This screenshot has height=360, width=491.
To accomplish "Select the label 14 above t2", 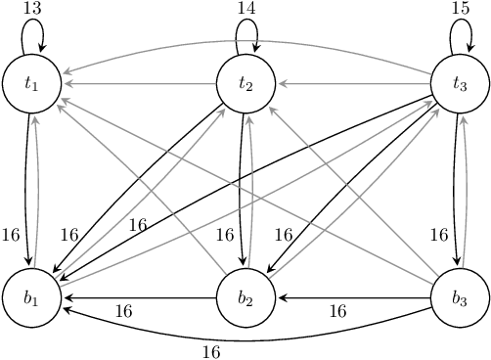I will pyautogui.click(x=246, y=8).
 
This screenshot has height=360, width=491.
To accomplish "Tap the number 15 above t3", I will pyautogui.click(x=460, y=8).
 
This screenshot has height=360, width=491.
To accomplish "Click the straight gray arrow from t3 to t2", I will pyautogui.click(x=353, y=83).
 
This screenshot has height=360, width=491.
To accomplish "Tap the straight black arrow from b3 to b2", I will pyautogui.click(x=353, y=296).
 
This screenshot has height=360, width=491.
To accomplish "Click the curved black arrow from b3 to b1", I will pyautogui.click(x=245, y=335).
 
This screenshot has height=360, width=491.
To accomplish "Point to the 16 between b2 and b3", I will pyautogui.click(x=336, y=312).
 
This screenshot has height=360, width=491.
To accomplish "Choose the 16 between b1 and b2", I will pyautogui.click(x=123, y=312).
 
